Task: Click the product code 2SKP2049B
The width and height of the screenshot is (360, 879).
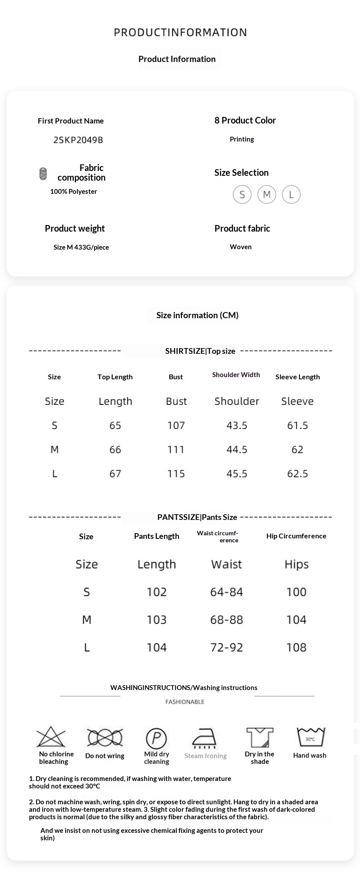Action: (78, 140)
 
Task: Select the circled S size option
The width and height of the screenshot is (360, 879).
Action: (242, 194)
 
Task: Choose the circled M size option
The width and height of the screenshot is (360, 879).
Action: (267, 194)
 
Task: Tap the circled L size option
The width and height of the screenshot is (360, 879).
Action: (291, 194)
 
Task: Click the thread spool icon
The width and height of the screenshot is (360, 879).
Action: (43, 174)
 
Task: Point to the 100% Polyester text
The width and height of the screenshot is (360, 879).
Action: (73, 192)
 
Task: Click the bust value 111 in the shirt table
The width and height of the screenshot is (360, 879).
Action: (176, 450)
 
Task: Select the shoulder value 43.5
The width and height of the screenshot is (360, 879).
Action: (236, 425)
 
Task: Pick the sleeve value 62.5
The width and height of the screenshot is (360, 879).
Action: (297, 474)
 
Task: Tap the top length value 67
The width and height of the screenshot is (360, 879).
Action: (115, 474)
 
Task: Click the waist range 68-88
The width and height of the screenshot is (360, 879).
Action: (226, 620)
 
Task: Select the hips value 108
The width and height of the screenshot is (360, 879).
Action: (296, 647)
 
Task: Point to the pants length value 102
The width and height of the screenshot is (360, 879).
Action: (156, 592)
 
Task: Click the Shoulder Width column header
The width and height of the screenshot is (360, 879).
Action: (236, 375)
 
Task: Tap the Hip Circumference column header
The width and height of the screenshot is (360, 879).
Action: (296, 536)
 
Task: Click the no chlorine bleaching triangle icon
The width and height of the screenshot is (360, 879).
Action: (51, 737)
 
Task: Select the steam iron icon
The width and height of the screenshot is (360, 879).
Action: (204, 738)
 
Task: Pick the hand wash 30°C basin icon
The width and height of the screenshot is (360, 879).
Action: (310, 737)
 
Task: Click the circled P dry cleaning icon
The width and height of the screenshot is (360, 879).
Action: (156, 738)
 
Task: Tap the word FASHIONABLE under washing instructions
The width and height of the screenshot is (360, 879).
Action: (185, 702)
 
